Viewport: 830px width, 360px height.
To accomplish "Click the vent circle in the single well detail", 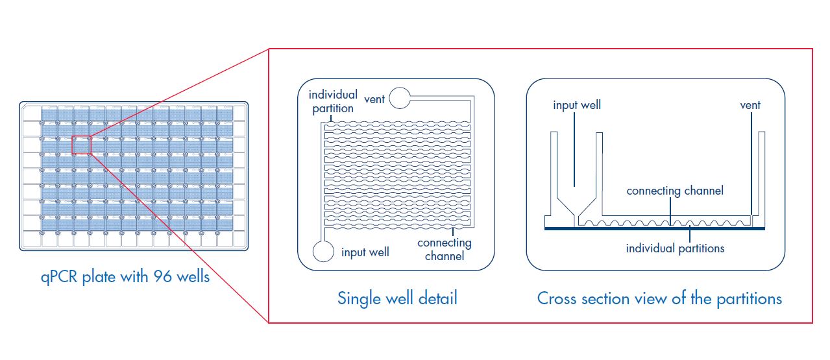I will (x=400, y=99).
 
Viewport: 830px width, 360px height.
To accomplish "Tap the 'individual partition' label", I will (x=332, y=101).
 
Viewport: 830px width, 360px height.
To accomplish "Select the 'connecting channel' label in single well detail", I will (x=445, y=249).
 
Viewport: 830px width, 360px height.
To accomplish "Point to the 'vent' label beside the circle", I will (x=374, y=99).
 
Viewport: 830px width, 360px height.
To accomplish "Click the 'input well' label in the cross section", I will (x=576, y=105).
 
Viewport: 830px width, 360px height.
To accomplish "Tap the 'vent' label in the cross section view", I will (x=750, y=105).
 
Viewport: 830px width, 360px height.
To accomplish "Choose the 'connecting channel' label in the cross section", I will (x=674, y=191).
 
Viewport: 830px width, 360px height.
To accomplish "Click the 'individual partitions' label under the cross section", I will (x=675, y=248).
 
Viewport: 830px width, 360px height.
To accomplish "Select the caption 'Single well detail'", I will (x=397, y=298).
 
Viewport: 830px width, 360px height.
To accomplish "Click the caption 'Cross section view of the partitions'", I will (x=659, y=298).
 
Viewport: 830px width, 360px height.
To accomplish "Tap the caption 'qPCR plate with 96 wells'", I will (x=123, y=277).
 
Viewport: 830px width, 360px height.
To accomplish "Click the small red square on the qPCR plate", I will (x=81, y=144).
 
